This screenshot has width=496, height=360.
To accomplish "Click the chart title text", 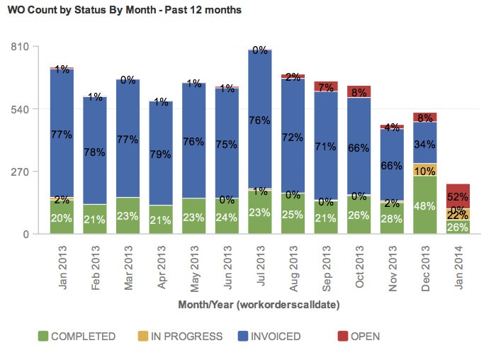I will (124, 11).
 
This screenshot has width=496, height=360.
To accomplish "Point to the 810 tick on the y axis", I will (19, 47).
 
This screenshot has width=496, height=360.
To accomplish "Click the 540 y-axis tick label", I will (19, 109).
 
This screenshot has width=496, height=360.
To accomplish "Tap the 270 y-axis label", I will (19, 171).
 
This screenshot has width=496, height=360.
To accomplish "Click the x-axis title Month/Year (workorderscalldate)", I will (259, 305).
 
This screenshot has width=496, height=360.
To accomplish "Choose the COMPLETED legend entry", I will (76, 337).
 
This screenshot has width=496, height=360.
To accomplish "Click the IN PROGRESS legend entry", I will (181, 337).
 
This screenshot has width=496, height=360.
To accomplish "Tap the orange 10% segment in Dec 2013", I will (425, 170).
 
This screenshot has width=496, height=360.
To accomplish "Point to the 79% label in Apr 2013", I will (161, 154).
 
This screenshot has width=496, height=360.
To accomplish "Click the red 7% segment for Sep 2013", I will (326, 86).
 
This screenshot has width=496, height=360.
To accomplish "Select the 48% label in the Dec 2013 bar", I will (425, 206).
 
